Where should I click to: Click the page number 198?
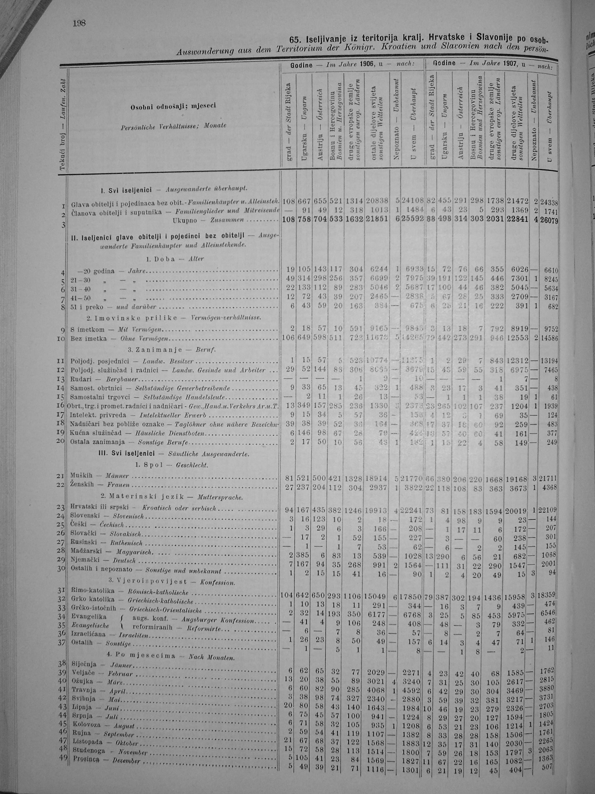point(79,24)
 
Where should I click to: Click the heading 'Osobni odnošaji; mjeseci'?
point(173,106)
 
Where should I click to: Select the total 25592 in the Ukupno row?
point(413,218)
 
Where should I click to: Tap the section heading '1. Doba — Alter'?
point(175,259)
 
